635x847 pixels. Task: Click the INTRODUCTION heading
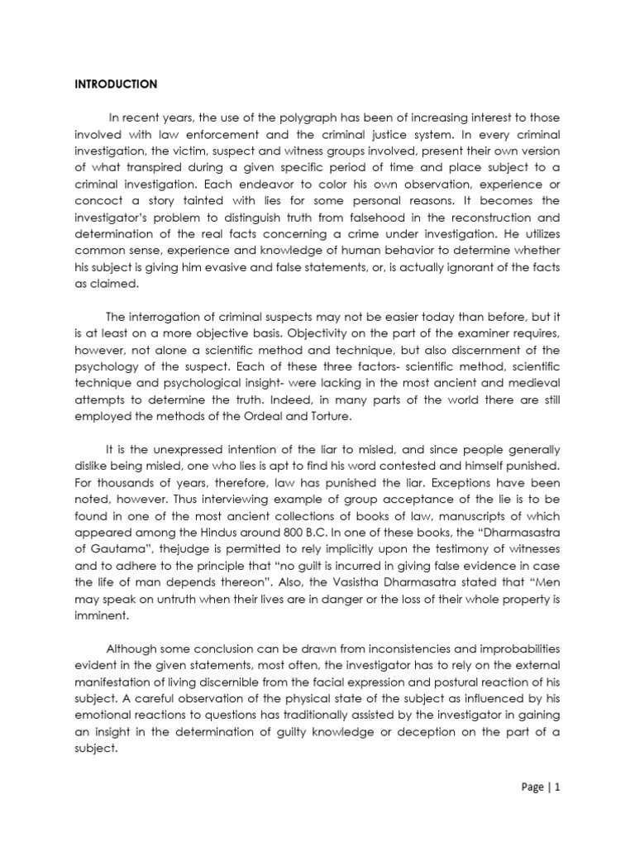coord(116,84)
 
